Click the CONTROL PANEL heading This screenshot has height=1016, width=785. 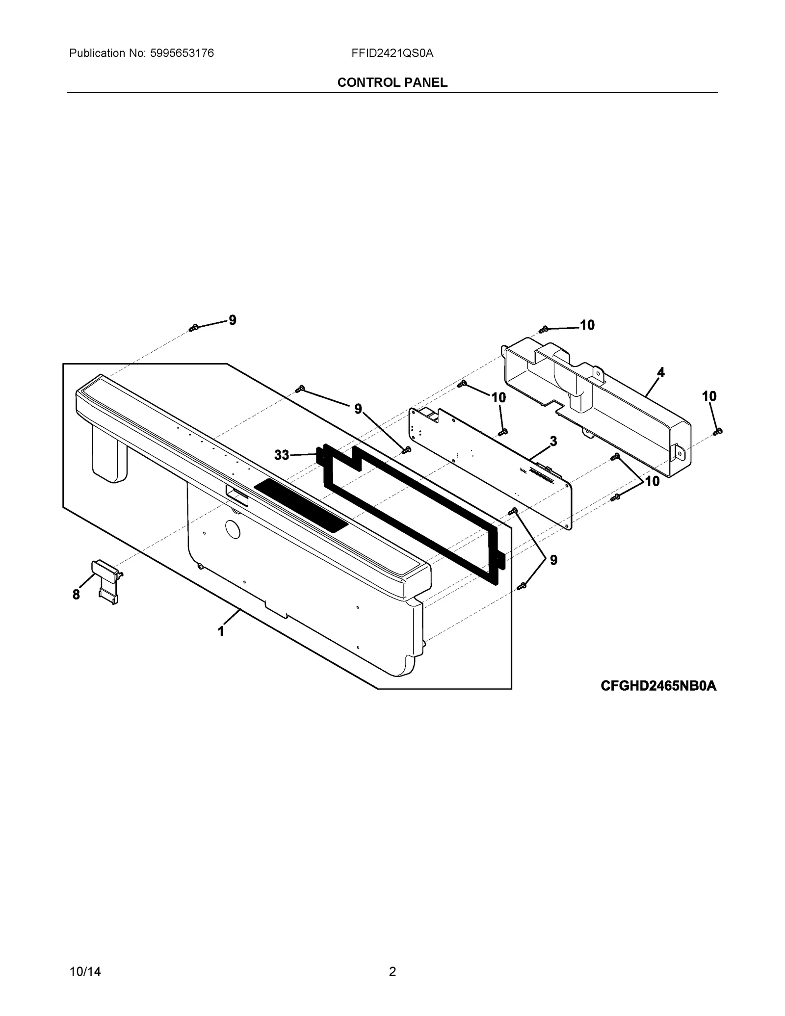tap(392, 82)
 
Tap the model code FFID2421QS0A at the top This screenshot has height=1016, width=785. tap(392, 53)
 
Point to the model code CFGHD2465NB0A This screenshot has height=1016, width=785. tap(658, 686)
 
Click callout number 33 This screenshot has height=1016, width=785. tap(282, 455)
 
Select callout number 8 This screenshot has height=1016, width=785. tap(76, 595)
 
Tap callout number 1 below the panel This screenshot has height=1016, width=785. tap(221, 631)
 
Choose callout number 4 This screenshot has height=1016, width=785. tap(661, 372)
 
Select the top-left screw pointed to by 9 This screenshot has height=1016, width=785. tap(194, 327)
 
